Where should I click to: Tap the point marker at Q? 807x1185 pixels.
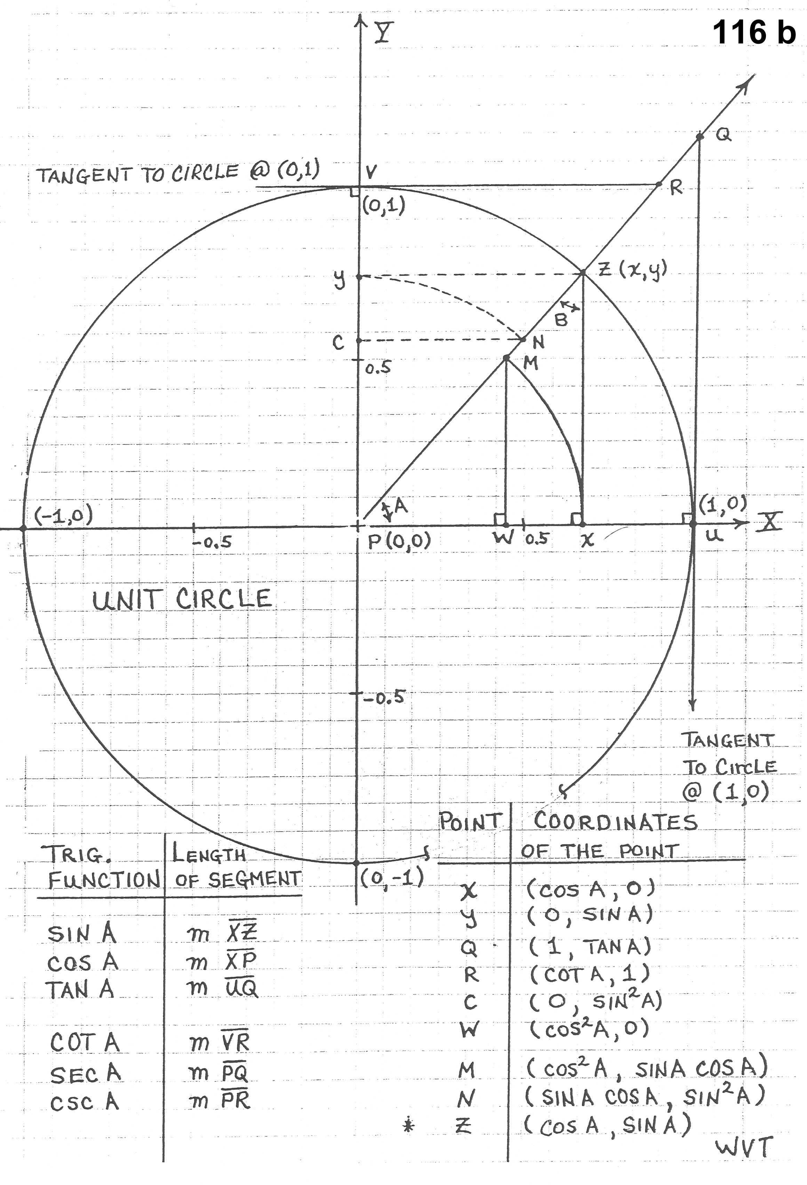[700, 136]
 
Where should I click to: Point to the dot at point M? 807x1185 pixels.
[506, 358]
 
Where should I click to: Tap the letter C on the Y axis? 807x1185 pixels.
[338, 342]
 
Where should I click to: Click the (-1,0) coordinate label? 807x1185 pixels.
[63, 516]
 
